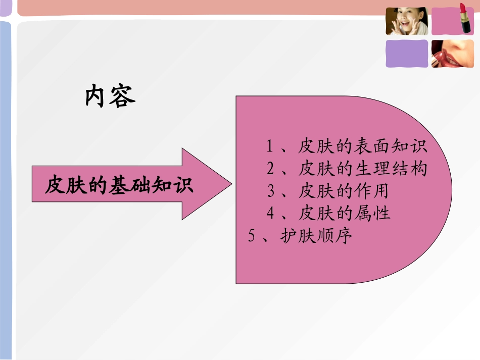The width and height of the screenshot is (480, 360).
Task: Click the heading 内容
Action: point(110,96)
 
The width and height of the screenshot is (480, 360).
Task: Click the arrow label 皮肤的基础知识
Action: point(119,185)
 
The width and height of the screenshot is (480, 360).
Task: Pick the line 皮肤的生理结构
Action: point(363,168)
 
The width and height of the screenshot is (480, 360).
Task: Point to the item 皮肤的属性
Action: point(344,213)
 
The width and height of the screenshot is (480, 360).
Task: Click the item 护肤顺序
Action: point(315,236)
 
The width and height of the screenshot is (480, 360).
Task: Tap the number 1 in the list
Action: point(270,146)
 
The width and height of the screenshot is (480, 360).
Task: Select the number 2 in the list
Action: point(270,169)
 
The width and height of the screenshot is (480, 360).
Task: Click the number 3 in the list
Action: point(271,191)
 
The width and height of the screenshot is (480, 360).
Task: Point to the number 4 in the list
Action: point(271,214)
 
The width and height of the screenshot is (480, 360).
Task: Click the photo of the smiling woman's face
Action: point(407,21)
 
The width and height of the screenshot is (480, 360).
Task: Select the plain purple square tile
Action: point(407,54)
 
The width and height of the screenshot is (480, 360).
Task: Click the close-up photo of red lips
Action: point(453,54)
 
